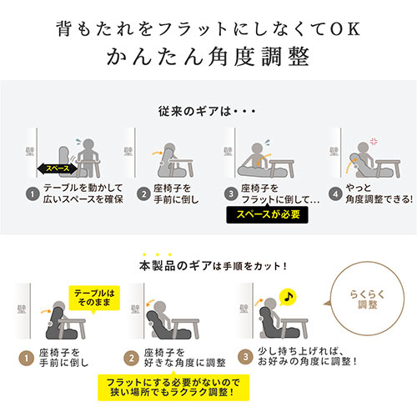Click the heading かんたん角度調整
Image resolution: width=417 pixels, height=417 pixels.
(x=208, y=58)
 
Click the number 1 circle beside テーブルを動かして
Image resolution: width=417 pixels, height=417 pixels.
(x=31, y=194)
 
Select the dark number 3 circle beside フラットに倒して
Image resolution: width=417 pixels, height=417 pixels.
(x=230, y=194)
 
